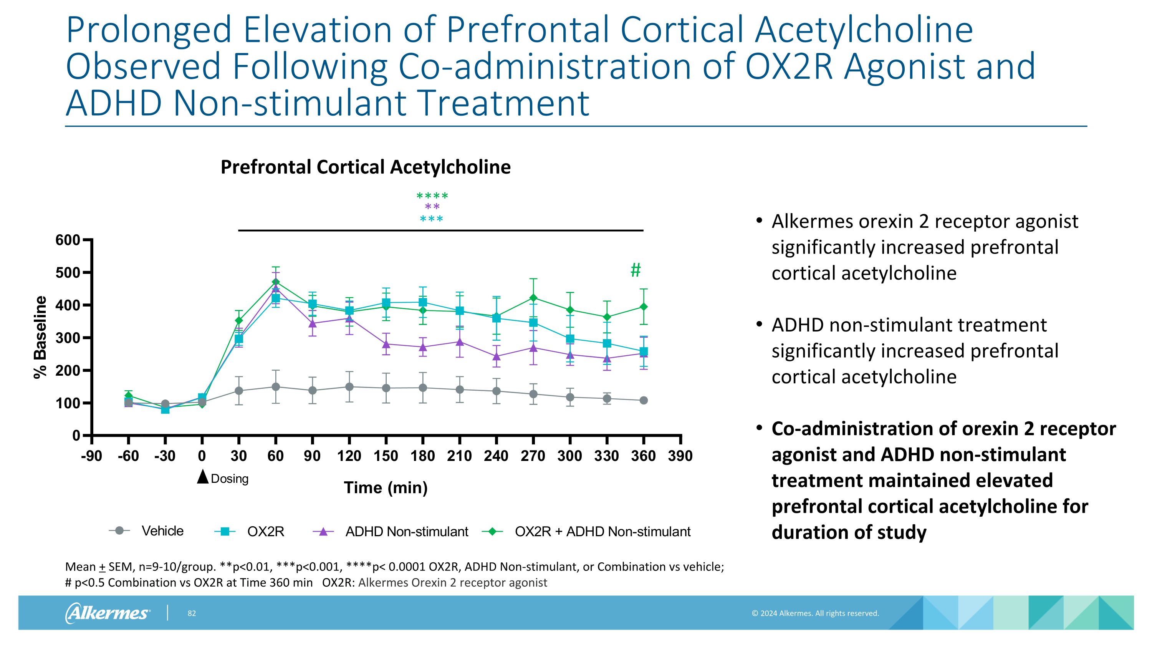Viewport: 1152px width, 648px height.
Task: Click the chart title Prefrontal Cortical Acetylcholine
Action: (365, 167)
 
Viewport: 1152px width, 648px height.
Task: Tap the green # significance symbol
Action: (636, 270)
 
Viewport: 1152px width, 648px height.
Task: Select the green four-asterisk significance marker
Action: (432, 196)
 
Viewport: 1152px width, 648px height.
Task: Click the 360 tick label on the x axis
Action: (643, 456)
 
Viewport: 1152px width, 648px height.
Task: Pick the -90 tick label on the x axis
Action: (91, 456)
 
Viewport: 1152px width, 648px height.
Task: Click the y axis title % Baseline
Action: (40, 337)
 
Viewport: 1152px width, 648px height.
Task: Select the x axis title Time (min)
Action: (386, 487)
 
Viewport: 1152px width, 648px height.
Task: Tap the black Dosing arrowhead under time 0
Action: (203, 477)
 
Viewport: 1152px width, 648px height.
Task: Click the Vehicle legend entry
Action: (148, 531)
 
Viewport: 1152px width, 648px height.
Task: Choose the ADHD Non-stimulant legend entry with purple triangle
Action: (391, 532)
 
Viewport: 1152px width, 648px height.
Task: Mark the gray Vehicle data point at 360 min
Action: (643, 400)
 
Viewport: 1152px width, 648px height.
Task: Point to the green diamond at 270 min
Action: (533, 298)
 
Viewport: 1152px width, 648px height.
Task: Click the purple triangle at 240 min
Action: (497, 356)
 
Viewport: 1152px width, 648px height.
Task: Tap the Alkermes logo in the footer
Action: (108, 613)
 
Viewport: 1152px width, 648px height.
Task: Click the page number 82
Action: (191, 613)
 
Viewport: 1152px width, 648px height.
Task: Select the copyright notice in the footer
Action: (815, 613)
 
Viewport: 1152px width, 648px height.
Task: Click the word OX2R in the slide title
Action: (788, 66)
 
